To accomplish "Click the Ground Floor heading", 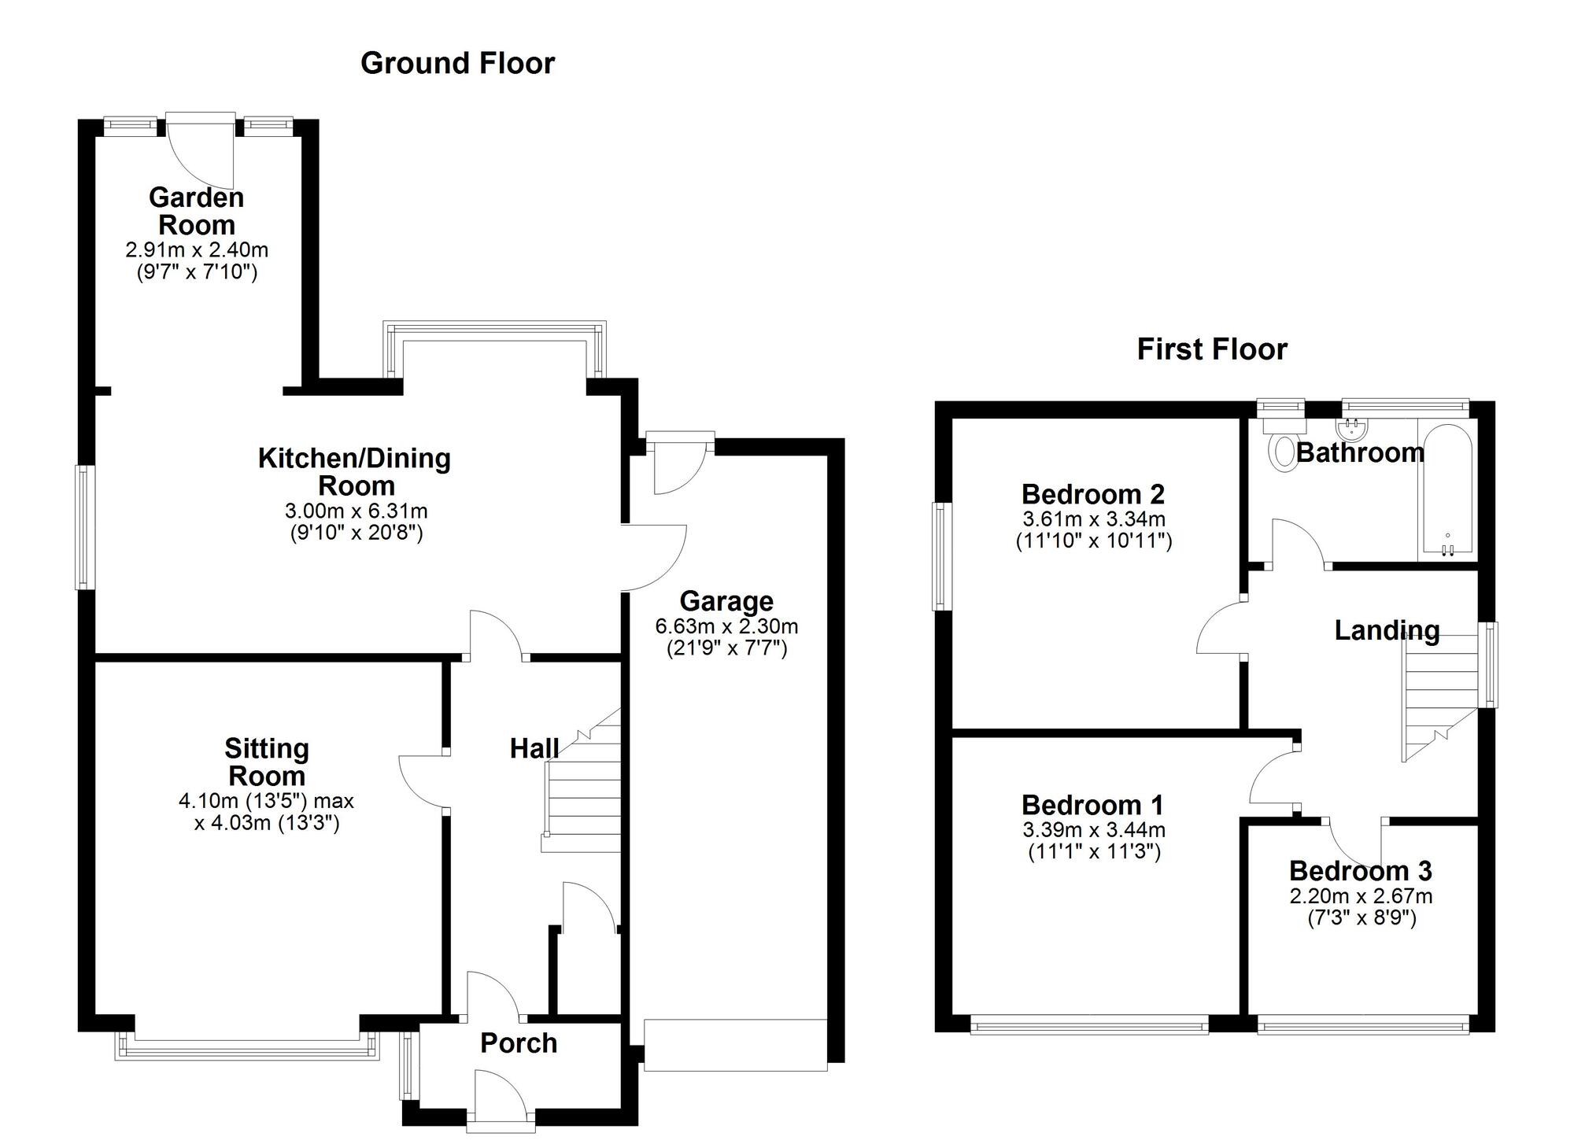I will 457,63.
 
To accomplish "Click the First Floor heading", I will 1211,349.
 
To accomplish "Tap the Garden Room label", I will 197,211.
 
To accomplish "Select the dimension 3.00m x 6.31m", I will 356,511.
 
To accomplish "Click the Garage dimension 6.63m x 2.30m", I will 726,626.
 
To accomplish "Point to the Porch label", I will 519,1043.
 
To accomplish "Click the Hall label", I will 534,748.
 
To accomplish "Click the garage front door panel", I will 735,1045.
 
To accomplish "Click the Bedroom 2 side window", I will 942,555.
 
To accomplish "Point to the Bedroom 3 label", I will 1360,871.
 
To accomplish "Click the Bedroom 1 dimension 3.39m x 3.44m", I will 1093,830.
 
